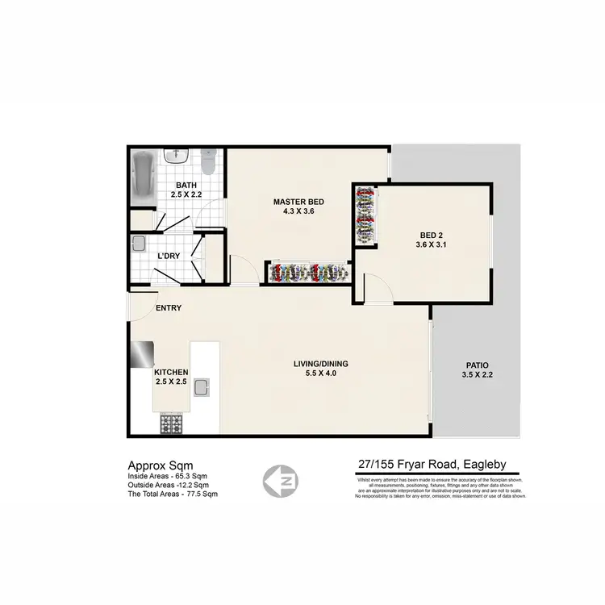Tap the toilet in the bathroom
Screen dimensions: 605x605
click(x=208, y=163)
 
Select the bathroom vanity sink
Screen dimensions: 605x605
click(x=171, y=156)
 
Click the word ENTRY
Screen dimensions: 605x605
click(x=169, y=307)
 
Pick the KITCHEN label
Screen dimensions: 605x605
click(x=171, y=372)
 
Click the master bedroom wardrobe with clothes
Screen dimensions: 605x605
click(x=307, y=273)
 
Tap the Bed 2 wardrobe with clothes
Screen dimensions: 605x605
click(x=365, y=215)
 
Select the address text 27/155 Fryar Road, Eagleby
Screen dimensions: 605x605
click(x=432, y=464)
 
